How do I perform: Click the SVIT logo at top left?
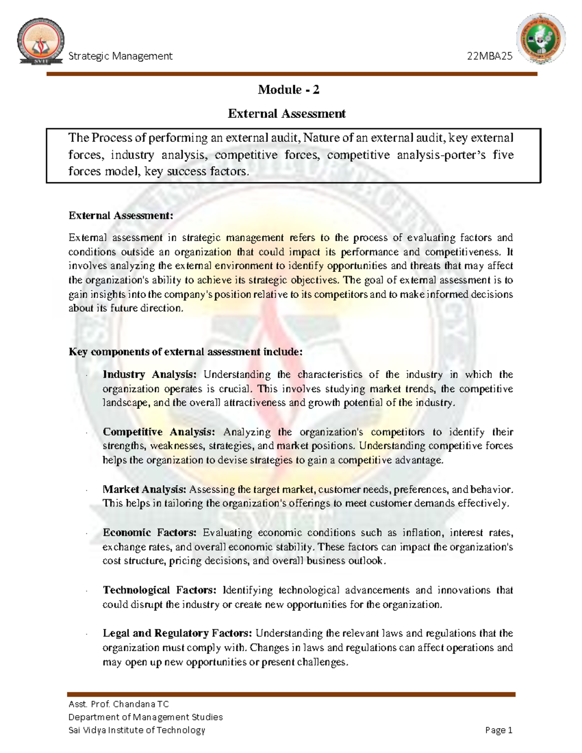pyautogui.click(x=41, y=42)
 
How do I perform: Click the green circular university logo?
pyautogui.click(x=541, y=38)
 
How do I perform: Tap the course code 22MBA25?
pyautogui.click(x=489, y=56)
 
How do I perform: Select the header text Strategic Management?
pyautogui.click(x=120, y=56)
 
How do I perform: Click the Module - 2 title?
pyautogui.click(x=288, y=90)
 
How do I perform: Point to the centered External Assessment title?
pyautogui.click(x=287, y=114)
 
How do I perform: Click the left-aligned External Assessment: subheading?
pyautogui.click(x=121, y=216)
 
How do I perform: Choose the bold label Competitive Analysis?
pyautogui.click(x=159, y=432)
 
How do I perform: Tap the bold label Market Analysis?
pyautogui.click(x=144, y=489)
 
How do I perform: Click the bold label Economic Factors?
pyautogui.click(x=149, y=533)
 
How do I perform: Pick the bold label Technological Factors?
pyautogui.click(x=159, y=590)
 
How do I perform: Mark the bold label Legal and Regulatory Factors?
pyautogui.click(x=177, y=633)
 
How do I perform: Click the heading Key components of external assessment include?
pyautogui.click(x=185, y=352)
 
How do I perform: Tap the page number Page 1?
pyautogui.click(x=499, y=730)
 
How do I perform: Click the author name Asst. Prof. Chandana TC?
pyautogui.click(x=119, y=704)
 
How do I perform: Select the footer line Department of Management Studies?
pyautogui.click(x=145, y=717)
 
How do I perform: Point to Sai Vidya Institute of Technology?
pyautogui.click(x=137, y=730)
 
